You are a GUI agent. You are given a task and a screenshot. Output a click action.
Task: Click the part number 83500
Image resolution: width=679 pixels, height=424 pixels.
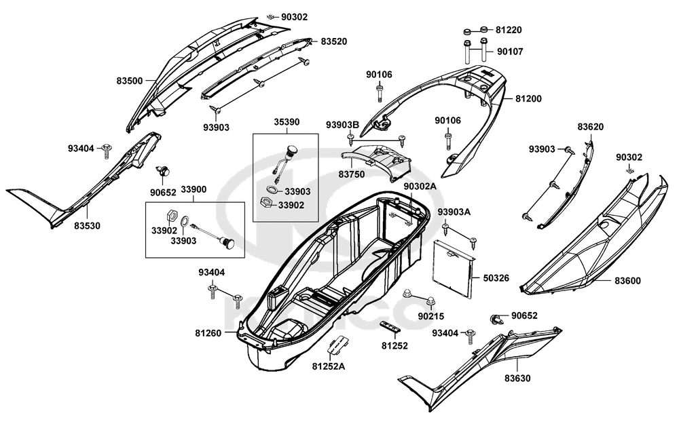click(x=130, y=81)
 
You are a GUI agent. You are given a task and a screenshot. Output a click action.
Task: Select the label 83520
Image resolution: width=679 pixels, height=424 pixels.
click(x=334, y=41)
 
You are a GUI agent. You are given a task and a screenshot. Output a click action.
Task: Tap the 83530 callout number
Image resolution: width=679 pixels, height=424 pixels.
click(x=87, y=225)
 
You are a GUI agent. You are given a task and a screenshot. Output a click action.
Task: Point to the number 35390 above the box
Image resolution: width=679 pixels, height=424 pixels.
click(x=287, y=123)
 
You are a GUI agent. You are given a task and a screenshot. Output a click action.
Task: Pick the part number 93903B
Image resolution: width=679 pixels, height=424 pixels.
click(x=361, y=125)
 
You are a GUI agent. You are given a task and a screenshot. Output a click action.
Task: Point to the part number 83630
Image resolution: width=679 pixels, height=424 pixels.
click(x=518, y=378)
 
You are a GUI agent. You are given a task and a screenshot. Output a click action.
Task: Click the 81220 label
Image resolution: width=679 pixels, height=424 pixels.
click(x=509, y=31)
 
